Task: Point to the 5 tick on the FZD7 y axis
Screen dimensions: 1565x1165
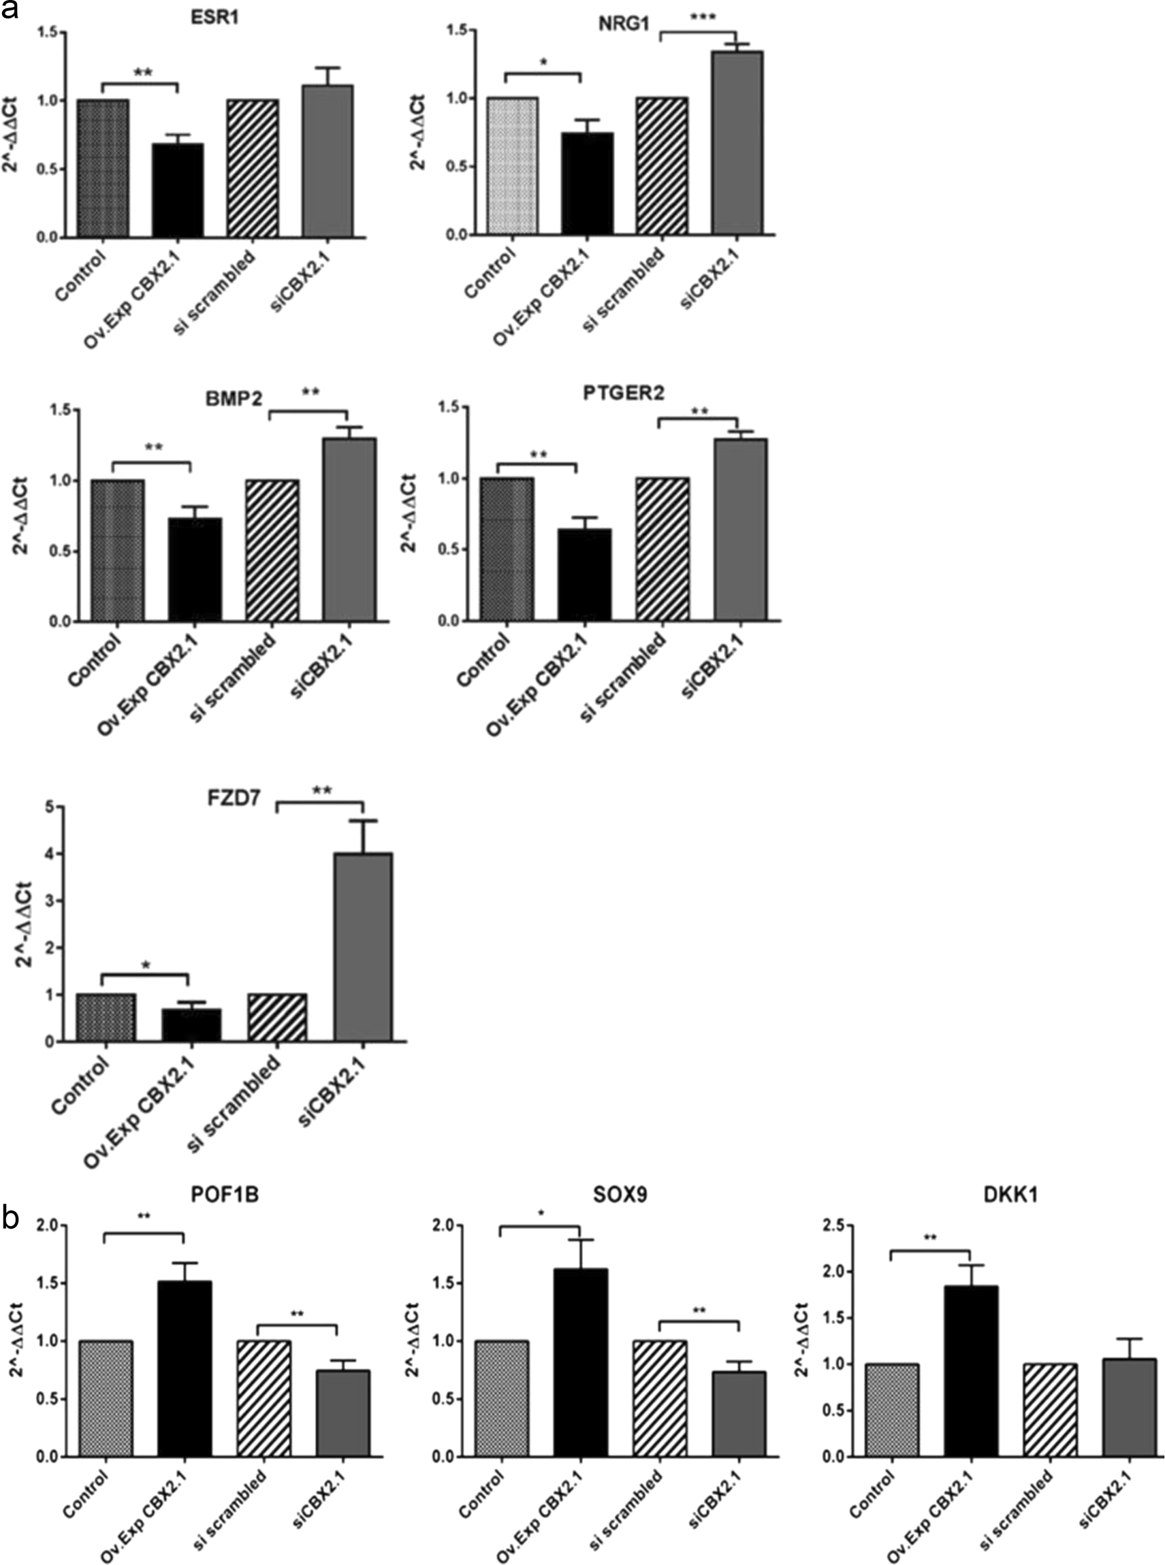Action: click(x=50, y=807)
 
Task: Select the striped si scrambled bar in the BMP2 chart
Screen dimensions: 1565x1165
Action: click(x=272, y=551)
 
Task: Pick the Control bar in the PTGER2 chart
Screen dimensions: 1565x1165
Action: click(x=507, y=549)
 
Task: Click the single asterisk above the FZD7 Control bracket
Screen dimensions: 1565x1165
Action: click(x=146, y=965)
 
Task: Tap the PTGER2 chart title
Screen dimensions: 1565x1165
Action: click(x=624, y=393)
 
